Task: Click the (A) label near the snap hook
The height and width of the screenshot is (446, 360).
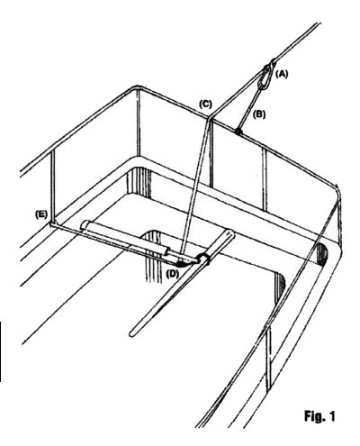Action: coord(282,74)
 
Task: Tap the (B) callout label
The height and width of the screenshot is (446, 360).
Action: coord(259,114)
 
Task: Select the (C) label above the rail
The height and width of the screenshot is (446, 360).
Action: coord(205,105)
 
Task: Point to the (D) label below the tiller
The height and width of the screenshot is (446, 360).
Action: coord(173,274)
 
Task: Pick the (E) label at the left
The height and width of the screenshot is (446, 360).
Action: coord(41,214)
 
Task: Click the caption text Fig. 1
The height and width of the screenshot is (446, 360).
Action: coord(319,416)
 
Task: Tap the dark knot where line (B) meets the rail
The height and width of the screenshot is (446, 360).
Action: coord(238,132)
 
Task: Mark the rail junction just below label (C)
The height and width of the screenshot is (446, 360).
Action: coord(210,119)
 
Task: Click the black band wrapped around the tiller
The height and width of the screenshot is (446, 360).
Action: coord(204,259)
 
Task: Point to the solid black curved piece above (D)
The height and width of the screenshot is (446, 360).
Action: coord(182,264)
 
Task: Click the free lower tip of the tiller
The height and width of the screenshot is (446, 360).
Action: coord(132,333)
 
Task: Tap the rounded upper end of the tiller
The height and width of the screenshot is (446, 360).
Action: coord(230,232)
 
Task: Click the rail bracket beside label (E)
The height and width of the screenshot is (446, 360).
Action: coord(52,224)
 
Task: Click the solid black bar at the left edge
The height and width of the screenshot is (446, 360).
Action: coord(1,351)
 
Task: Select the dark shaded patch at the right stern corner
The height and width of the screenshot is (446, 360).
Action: coord(322,251)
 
